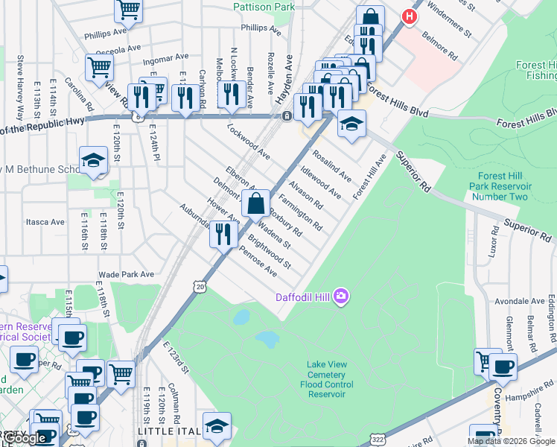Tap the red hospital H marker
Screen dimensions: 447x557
pyautogui.click(x=409, y=15)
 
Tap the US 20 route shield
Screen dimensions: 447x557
pyautogui.click(x=197, y=286)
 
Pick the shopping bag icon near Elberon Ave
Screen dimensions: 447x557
pyautogui.click(x=255, y=203)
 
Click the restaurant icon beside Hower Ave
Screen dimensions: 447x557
pyautogui.click(x=223, y=234)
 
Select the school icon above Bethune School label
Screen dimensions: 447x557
pyautogui.click(x=94, y=160)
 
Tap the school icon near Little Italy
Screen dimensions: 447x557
pyautogui.click(x=216, y=425)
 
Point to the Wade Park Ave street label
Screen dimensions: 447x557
pyautogui.click(x=126, y=274)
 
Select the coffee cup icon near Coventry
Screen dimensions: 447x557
pyautogui.click(x=503, y=367)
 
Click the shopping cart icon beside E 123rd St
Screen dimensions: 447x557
pyautogui.click(x=121, y=374)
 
